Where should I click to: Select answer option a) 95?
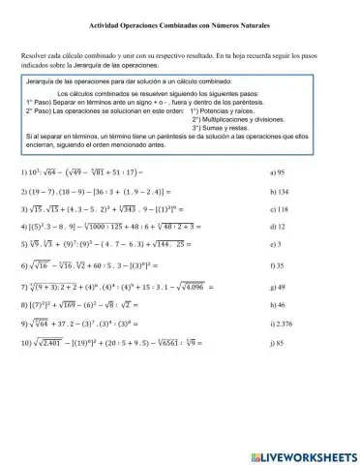point(281,169)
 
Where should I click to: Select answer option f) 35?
point(280,291)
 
